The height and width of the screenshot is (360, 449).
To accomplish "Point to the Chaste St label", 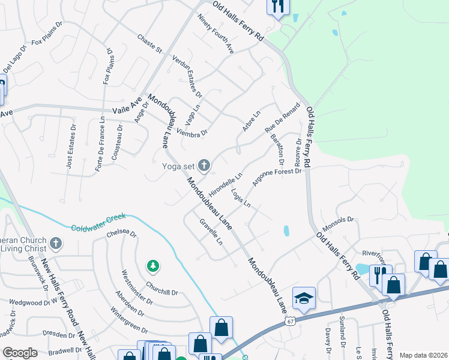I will click(x=150, y=43).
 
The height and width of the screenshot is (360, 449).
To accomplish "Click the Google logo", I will click(x=19, y=353).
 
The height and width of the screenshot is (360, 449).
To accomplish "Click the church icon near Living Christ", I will click(x=56, y=244).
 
